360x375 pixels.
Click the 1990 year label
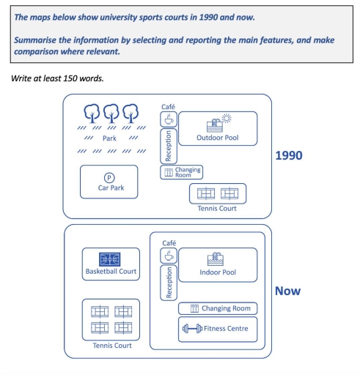(289, 155)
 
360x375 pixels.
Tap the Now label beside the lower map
(287, 291)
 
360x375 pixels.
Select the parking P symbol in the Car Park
(109, 178)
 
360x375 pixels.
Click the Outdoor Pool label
(218, 138)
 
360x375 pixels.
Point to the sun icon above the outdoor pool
(227, 119)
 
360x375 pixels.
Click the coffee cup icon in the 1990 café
(169, 119)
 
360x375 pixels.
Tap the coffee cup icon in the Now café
(169, 256)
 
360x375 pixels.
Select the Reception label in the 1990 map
(168, 146)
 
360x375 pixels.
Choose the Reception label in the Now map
(169, 283)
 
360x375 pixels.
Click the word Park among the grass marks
(109, 138)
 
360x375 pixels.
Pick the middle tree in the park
(111, 114)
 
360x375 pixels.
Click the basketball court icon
(110, 259)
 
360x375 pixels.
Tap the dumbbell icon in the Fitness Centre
(192, 328)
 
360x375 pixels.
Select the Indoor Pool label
(218, 272)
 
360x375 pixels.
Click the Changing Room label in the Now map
(226, 308)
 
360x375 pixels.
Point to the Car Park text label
(111, 187)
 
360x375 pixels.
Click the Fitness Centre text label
(226, 329)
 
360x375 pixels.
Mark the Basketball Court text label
(111, 271)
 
